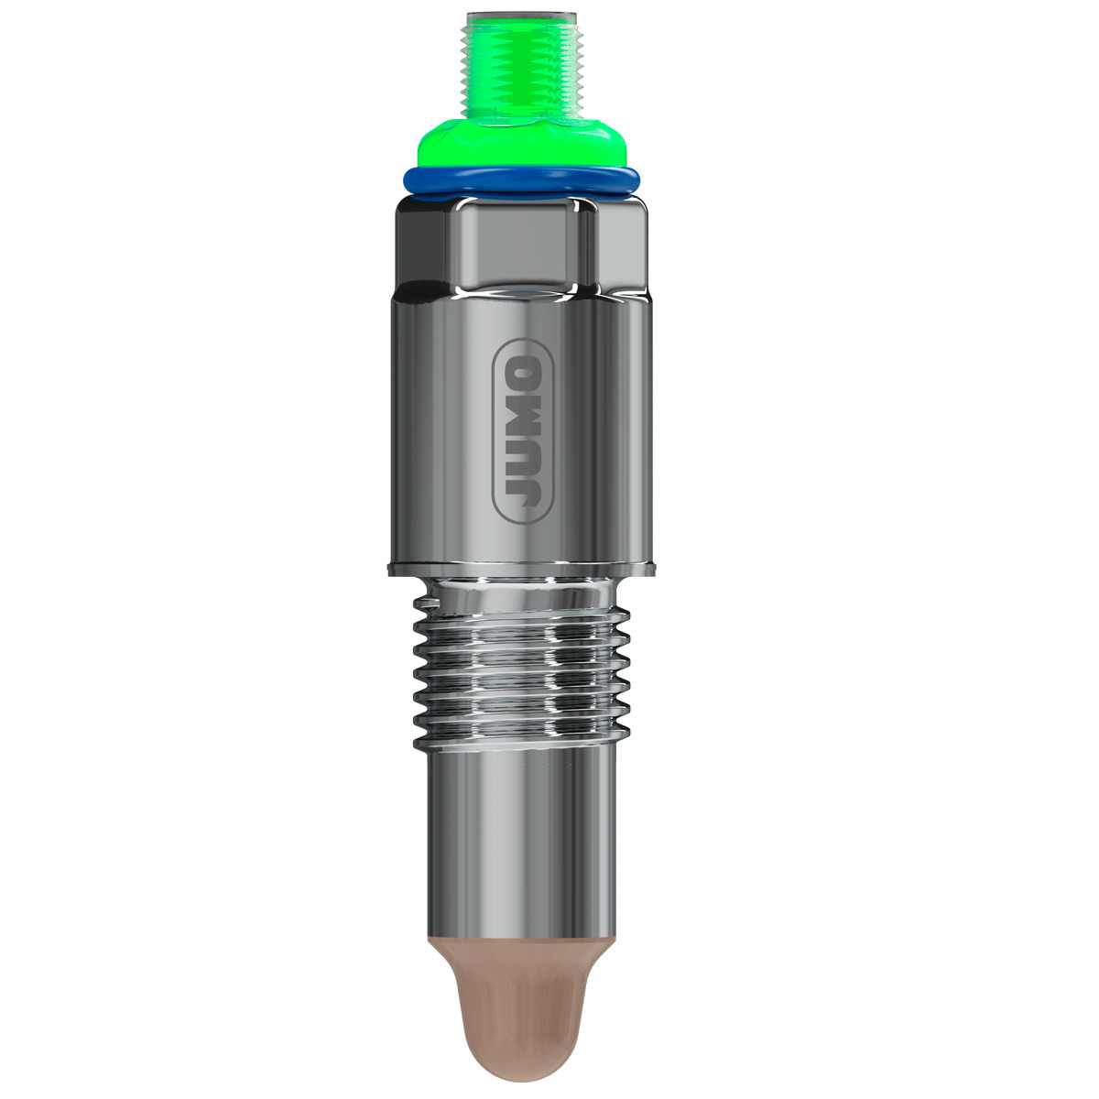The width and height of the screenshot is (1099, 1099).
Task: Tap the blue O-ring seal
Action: pos(521,181)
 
